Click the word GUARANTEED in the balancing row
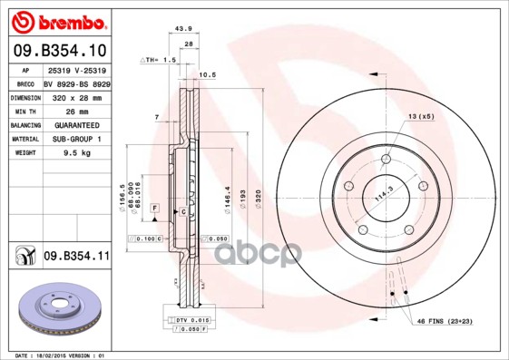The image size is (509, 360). [76, 124]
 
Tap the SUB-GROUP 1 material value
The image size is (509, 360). [76, 139]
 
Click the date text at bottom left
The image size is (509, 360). [54, 355]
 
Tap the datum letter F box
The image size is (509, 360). [155, 209]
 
